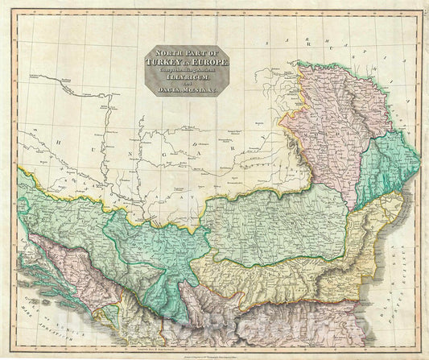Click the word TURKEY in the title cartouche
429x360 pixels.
pos(166,61)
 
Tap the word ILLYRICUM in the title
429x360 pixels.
pos(184,79)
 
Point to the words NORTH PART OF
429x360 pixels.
pos(184,52)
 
